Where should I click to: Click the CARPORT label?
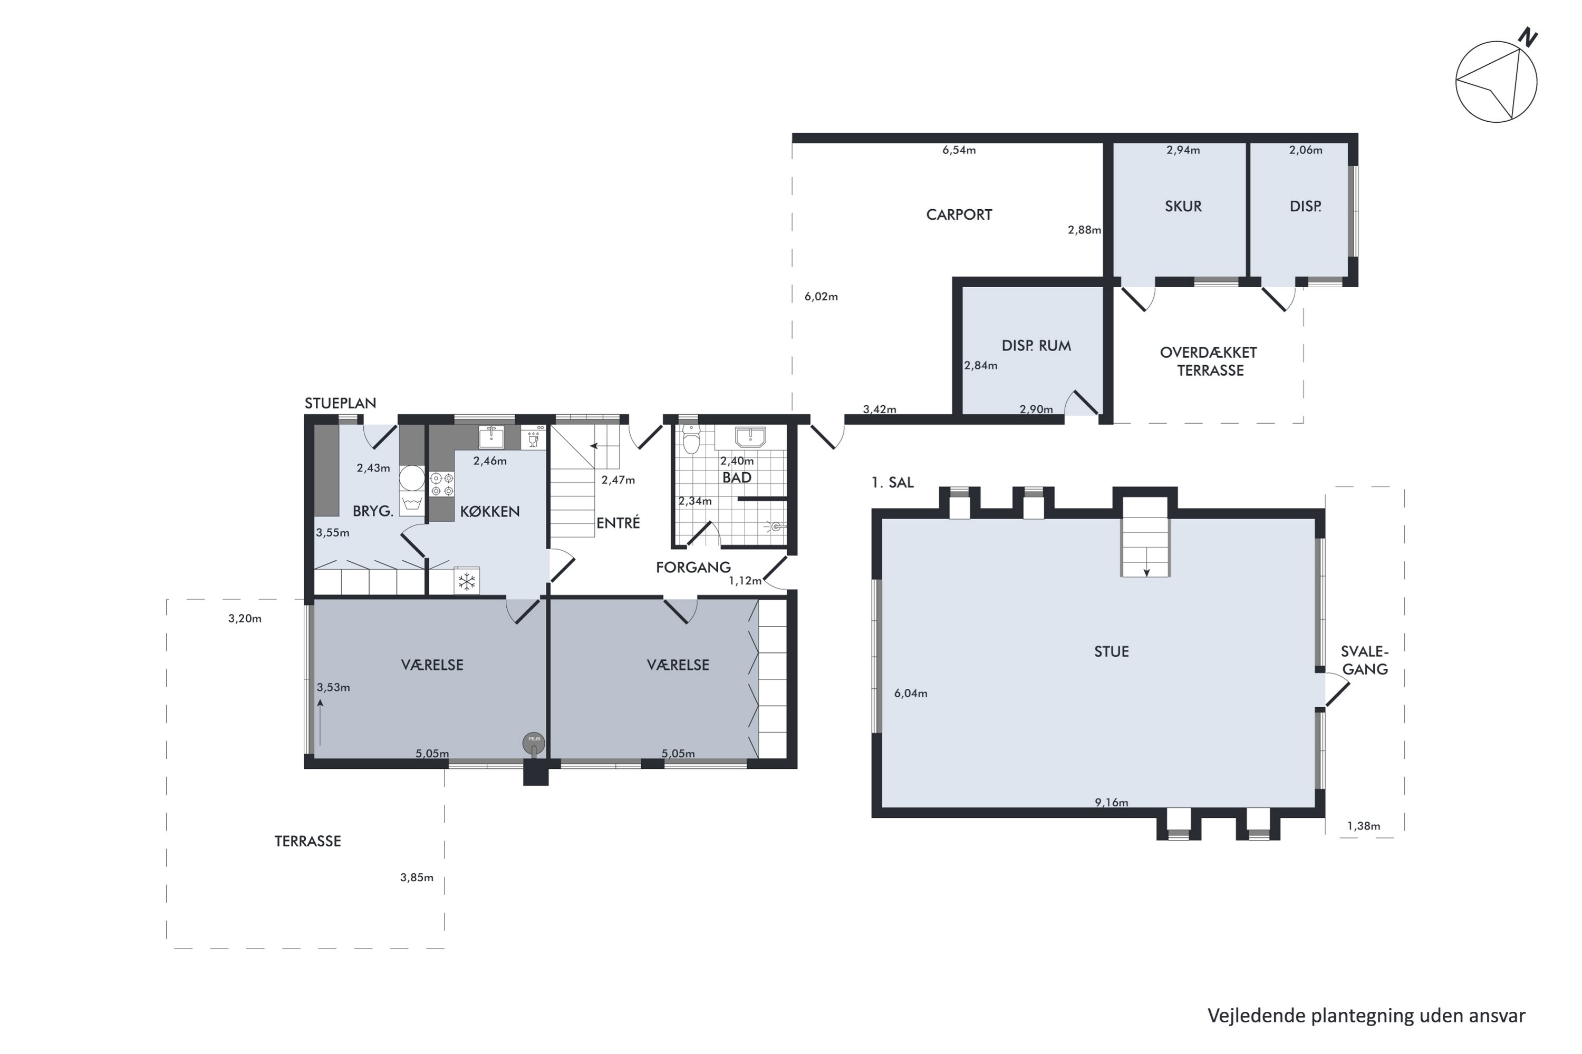click(x=959, y=214)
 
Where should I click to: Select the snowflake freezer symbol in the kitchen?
click(x=467, y=581)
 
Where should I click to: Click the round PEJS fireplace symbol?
click(x=534, y=741)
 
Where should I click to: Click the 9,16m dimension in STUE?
click(x=1111, y=802)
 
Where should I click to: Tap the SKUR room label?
click(x=1183, y=207)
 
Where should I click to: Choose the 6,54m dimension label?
click(x=959, y=150)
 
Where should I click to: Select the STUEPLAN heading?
click(x=340, y=403)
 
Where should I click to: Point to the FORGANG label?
click(x=693, y=568)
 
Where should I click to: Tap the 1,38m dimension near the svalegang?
click(x=1363, y=826)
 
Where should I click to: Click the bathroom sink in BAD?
click(x=750, y=437)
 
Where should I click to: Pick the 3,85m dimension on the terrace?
click(x=417, y=877)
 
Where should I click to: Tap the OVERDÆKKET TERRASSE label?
click(x=1209, y=361)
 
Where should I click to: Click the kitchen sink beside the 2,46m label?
click(x=491, y=436)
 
